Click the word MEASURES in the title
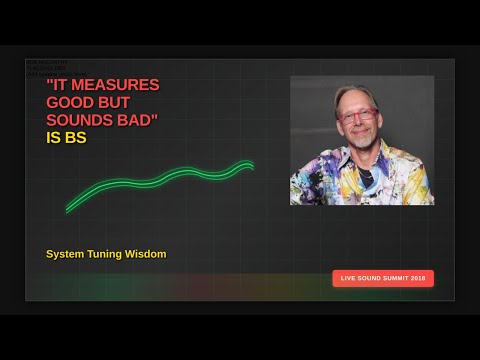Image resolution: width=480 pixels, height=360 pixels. coord(118,85)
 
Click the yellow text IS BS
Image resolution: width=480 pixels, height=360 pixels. coord(66,139)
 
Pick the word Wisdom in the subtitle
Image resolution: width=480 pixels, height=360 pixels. coord(147,254)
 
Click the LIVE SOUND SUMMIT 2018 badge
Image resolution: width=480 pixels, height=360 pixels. coord(383,278)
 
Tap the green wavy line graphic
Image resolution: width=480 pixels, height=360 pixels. coord(160,183)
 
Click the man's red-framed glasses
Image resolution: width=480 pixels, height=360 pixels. coord(357,116)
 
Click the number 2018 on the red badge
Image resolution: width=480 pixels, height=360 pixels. coord(419,278)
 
